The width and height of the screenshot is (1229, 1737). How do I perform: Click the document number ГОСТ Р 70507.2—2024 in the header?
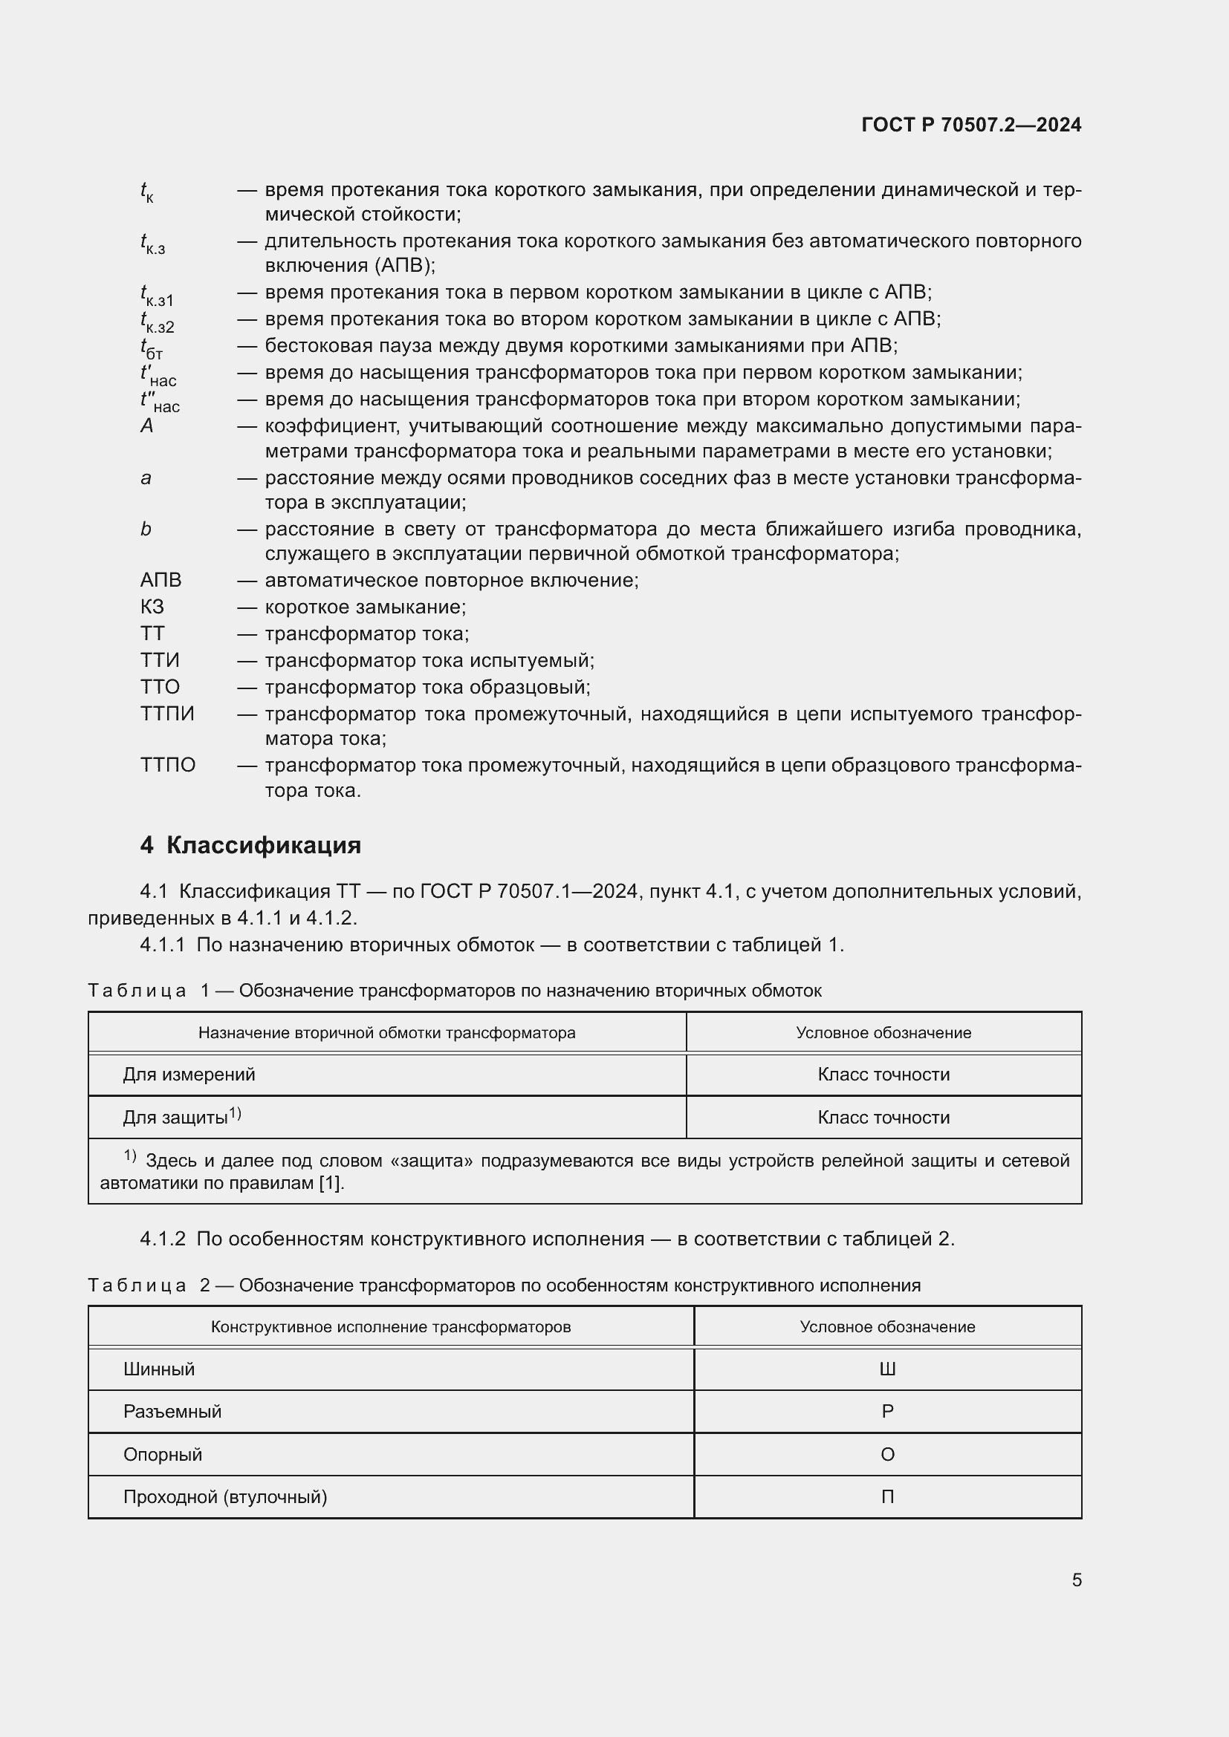click(971, 125)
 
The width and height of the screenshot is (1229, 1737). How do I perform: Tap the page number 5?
click(1076, 1580)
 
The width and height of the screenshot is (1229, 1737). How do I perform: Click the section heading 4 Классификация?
click(250, 845)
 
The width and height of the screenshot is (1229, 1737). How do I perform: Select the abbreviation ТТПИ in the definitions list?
click(167, 714)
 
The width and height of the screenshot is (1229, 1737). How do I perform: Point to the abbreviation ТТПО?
click(168, 765)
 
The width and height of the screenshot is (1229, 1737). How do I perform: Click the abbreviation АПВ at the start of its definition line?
click(160, 580)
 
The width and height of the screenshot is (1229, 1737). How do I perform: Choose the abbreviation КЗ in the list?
click(152, 607)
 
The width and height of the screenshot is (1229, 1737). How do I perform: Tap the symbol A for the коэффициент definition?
click(147, 426)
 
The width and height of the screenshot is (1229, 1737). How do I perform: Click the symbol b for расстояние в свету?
click(146, 529)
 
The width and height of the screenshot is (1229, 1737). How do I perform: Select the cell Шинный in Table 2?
click(159, 1369)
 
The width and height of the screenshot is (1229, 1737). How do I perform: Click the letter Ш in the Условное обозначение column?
click(887, 1369)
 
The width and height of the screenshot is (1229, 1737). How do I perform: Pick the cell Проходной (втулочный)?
click(224, 1496)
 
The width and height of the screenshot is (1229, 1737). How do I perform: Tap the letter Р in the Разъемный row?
click(887, 1412)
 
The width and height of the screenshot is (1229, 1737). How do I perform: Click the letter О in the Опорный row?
click(887, 1454)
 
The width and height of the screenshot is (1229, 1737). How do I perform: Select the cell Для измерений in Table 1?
click(189, 1075)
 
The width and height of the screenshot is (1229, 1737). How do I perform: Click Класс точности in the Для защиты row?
click(883, 1118)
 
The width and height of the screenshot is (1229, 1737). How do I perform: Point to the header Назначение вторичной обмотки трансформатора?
click(386, 1033)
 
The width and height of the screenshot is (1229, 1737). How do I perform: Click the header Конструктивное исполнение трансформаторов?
click(391, 1327)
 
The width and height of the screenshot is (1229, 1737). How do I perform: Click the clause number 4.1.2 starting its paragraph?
click(163, 1239)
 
